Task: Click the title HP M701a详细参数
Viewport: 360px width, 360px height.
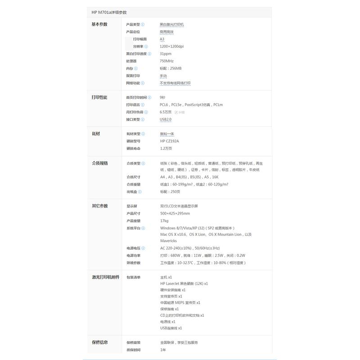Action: (108, 13)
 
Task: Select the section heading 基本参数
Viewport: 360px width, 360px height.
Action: (99, 24)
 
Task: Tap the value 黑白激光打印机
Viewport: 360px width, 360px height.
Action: (172, 24)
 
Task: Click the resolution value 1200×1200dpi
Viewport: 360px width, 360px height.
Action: (171, 46)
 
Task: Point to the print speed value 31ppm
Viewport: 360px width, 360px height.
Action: (165, 54)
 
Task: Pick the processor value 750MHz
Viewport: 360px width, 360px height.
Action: (166, 61)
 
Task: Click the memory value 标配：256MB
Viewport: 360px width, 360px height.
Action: (171, 68)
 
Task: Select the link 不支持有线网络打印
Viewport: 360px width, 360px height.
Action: (175, 83)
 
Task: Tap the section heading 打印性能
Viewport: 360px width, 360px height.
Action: (99, 97)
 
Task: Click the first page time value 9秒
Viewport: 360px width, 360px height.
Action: (162, 97)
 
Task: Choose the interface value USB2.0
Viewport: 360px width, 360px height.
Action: (166, 119)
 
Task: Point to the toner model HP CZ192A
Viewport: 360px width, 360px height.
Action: (169, 141)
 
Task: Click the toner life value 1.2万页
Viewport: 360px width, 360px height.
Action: (166, 148)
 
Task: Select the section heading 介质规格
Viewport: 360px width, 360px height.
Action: (99, 163)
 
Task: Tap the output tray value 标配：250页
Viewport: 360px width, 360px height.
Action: (170, 192)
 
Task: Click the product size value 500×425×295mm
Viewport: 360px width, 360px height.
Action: (175, 213)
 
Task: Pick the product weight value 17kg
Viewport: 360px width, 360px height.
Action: (164, 220)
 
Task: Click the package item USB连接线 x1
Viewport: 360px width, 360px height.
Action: (171, 328)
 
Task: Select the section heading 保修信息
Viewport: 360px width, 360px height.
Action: (99, 342)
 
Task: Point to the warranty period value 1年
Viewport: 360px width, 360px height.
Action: (162, 350)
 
